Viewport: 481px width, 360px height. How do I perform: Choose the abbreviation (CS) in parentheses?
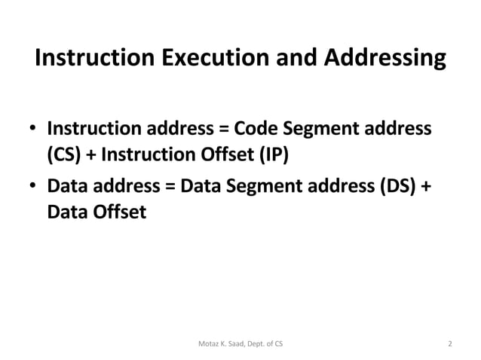click(x=62, y=156)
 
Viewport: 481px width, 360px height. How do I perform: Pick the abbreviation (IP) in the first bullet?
click(x=274, y=156)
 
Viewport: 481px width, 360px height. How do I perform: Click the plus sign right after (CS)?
click(x=90, y=157)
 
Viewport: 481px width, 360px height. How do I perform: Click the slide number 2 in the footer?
click(x=450, y=344)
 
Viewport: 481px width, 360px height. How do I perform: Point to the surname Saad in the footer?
click(x=240, y=344)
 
